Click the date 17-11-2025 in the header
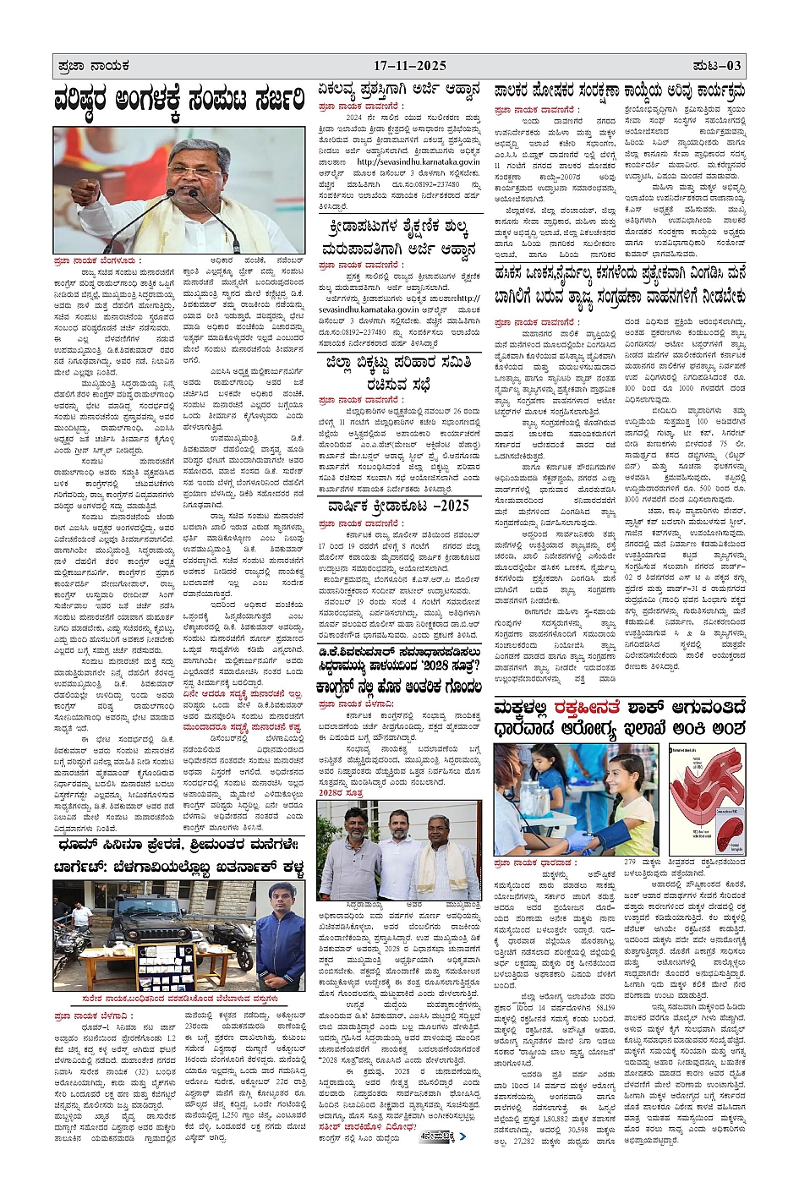point(410,66)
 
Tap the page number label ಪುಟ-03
point(717,66)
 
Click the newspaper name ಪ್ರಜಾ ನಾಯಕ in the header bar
point(94,66)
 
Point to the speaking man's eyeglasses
point(196,164)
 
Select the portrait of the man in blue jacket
point(282,936)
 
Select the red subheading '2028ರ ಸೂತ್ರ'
point(341,793)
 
